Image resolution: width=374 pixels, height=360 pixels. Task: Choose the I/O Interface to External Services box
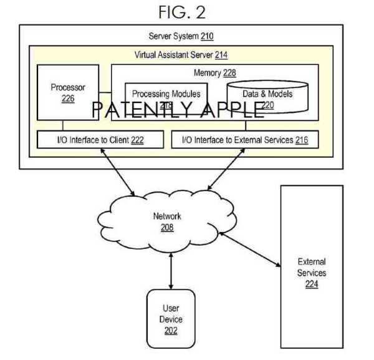244,140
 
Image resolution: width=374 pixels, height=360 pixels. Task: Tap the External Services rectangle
311,266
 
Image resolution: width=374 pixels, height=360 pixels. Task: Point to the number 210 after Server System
207,36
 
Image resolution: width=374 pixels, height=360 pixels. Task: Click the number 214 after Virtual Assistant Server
221,55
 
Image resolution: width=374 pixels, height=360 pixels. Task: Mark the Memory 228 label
215,73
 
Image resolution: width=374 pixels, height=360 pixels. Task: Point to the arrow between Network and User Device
170,271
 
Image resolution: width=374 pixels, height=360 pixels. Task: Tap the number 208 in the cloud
166,228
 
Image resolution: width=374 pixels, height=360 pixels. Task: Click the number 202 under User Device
171,331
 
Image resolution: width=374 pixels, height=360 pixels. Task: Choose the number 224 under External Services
311,285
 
